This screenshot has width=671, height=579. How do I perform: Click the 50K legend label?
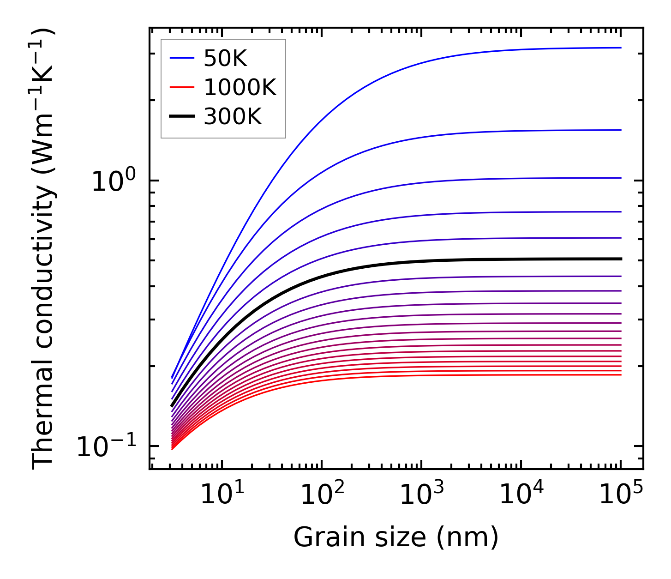pos(225,59)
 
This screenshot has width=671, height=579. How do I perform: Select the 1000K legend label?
pos(240,88)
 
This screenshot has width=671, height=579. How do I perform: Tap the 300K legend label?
pos(233,117)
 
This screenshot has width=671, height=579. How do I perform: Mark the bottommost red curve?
pos(415,376)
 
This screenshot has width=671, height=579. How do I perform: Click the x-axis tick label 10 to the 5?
pos(621,495)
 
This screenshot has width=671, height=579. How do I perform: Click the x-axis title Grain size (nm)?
pos(396,537)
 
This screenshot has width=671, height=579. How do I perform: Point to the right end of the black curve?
pos(621,259)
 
